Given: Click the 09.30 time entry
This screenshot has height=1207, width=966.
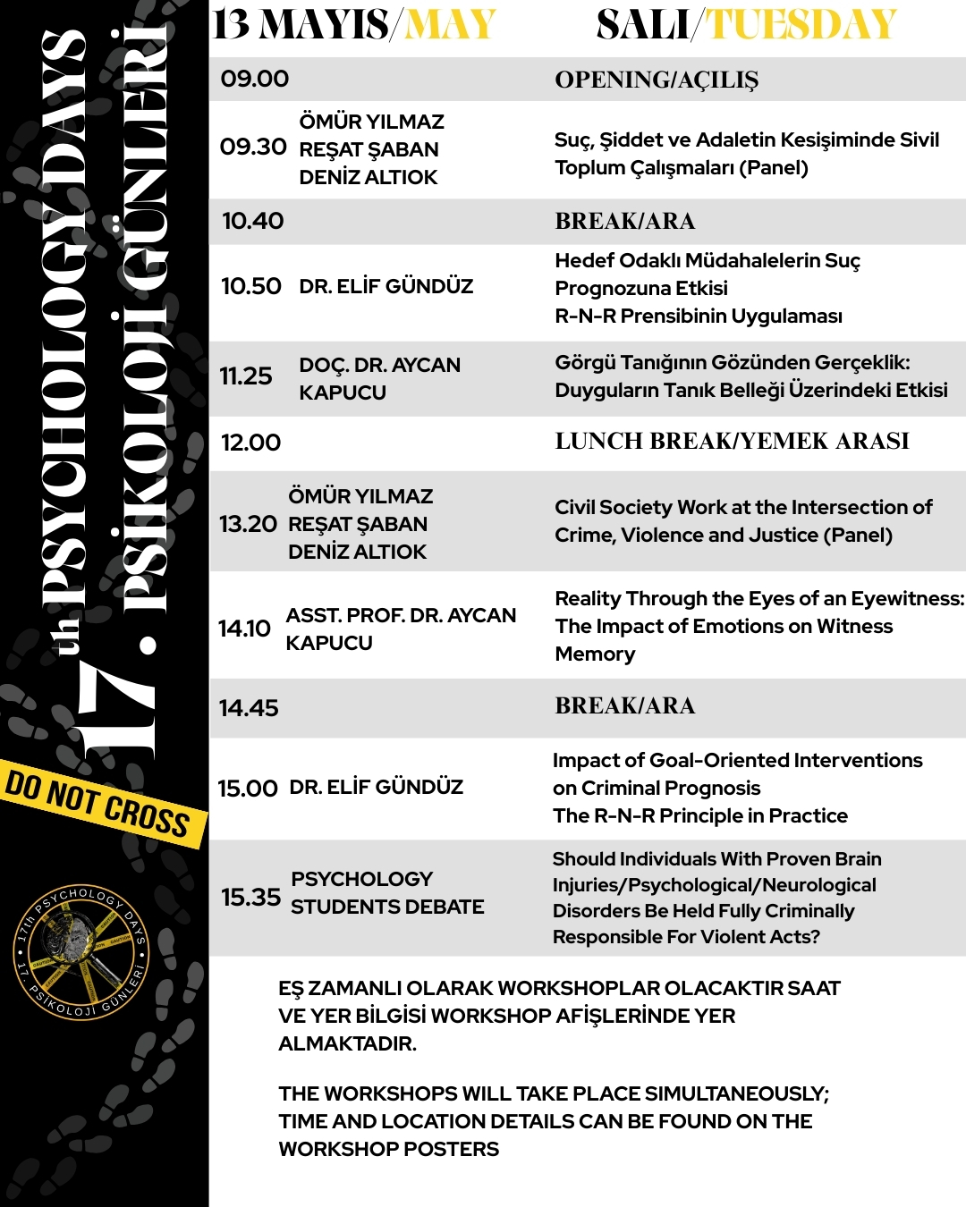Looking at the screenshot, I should pyautogui.click(x=253, y=147).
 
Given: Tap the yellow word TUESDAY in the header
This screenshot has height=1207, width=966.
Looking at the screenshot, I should pyautogui.click(x=801, y=25).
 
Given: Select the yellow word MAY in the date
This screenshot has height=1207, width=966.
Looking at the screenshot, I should pyautogui.click(x=450, y=25).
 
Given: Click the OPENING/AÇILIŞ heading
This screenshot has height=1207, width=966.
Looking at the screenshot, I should pyautogui.click(x=656, y=80).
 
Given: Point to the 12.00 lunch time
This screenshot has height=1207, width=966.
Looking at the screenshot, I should pyautogui.click(x=250, y=443).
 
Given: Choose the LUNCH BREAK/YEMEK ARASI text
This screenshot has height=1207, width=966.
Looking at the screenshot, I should pyautogui.click(x=732, y=441).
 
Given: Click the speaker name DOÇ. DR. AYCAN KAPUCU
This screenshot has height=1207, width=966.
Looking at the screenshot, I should pyautogui.click(x=379, y=378).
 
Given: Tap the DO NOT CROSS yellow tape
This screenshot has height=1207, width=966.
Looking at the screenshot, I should pyautogui.click(x=98, y=801).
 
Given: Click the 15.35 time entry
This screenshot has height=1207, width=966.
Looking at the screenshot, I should pyautogui.click(x=250, y=897).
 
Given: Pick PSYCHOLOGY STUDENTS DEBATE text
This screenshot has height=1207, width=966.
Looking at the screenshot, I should pyautogui.click(x=386, y=892).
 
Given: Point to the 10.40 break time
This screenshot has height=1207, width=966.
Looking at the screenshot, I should pyautogui.click(x=252, y=221).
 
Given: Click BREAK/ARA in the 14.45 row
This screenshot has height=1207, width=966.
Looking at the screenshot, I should pyautogui.click(x=624, y=705).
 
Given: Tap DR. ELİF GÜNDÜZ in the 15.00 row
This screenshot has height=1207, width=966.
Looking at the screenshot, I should pyautogui.click(x=376, y=787).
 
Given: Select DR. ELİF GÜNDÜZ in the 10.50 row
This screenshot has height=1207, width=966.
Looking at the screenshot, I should pyautogui.click(x=386, y=286).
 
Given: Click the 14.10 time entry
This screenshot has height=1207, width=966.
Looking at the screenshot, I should pyautogui.click(x=244, y=629).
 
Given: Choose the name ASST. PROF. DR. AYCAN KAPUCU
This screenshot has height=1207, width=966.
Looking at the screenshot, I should pyautogui.click(x=400, y=629).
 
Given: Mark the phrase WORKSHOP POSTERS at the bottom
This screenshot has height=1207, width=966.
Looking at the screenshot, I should pyautogui.click(x=388, y=1149).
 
